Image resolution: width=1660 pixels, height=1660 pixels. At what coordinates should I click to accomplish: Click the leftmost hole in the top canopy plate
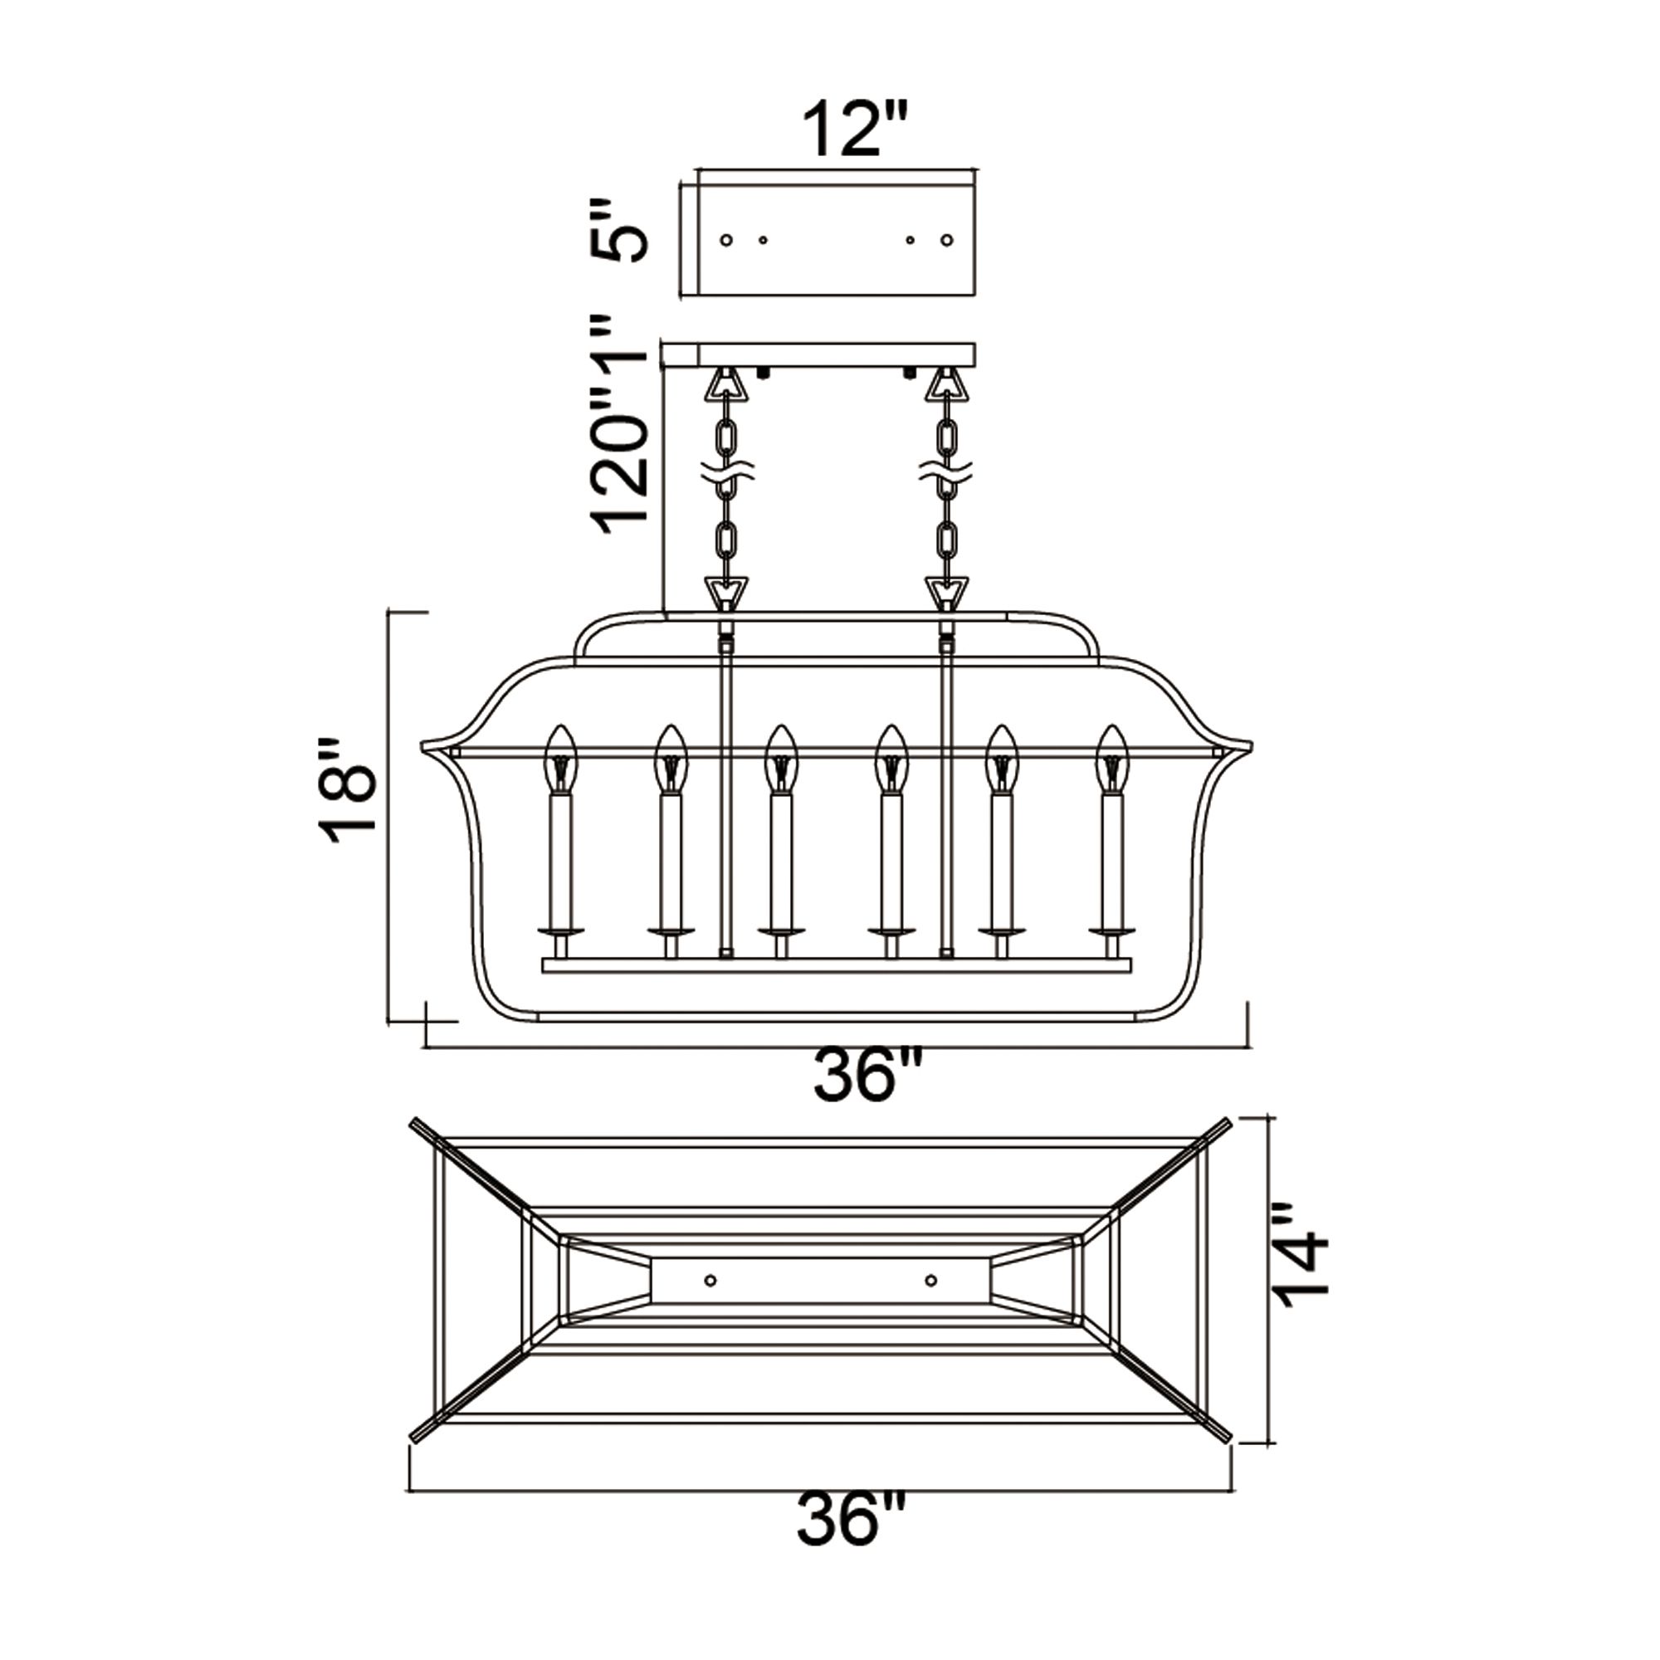tap(726, 241)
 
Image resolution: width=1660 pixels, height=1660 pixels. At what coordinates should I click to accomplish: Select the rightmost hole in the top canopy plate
tap(947, 241)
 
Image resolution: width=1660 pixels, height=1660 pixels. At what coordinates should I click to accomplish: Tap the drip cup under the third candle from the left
tap(780, 931)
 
